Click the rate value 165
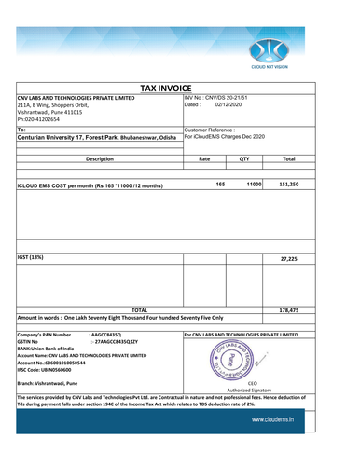220,185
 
